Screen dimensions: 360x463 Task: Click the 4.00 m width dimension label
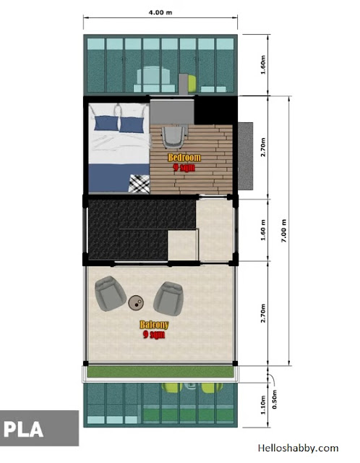click(160, 12)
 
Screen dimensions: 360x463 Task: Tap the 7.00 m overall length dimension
click(283, 231)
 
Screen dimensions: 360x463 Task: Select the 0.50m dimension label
click(275, 399)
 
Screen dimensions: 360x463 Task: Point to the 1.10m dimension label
click(263, 405)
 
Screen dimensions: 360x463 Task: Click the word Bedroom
click(184, 158)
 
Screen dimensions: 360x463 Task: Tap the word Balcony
click(154, 325)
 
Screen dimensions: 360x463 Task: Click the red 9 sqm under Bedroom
click(184, 167)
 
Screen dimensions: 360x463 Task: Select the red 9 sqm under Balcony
click(154, 334)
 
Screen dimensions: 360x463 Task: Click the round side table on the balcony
click(136, 302)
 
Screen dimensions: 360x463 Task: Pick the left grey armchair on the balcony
click(110, 294)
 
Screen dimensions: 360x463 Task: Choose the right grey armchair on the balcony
click(168, 298)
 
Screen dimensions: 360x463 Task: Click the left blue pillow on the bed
click(106, 123)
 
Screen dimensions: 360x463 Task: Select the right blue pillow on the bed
click(132, 125)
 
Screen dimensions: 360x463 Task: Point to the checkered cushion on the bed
click(140, 184)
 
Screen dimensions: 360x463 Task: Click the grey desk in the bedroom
click(172, 111)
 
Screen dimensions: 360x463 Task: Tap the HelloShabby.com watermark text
click(298, 449)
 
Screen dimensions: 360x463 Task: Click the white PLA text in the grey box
click(24, 429)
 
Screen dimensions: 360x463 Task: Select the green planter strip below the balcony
click(160, 371)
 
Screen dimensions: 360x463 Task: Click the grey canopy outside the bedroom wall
click(246, 156)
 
